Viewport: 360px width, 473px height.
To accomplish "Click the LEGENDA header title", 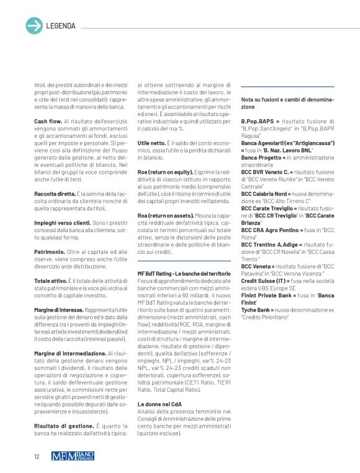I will click(61, 26).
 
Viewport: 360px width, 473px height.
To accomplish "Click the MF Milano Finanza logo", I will click(73, 457).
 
